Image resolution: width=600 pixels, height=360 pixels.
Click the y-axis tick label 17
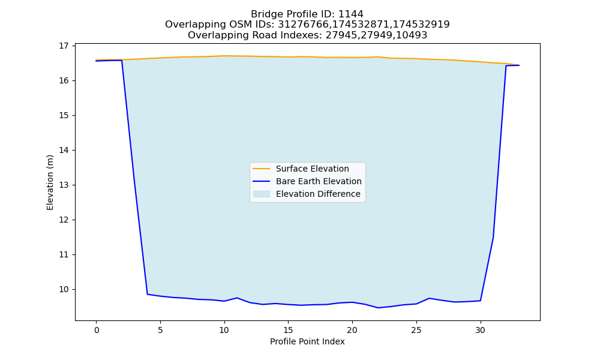click(x=64, y=46)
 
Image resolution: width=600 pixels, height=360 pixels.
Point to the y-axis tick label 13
click(x=64, y=185)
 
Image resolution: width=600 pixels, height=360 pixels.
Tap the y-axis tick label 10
click(x=64, y=290)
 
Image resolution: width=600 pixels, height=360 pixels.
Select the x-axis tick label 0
click(x=97, y=330)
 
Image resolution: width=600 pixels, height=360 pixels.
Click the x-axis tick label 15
click(x=288, y=330)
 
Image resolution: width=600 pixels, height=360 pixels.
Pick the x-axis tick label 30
click(x=480, y=330)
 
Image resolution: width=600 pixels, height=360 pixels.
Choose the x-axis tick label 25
click(x=416, y=330)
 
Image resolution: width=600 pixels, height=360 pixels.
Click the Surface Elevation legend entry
click(x=312, y=169)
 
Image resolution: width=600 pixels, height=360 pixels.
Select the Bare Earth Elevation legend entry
click(x=319, y=181)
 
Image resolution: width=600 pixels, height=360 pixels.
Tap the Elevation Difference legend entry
click(x=318, y=194)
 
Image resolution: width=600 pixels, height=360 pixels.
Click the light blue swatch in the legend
click(x=262, y=194)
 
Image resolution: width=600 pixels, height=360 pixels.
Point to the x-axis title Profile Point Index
click(x=307, y=341)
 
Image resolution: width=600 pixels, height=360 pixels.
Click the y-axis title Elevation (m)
click(x=50, y=182)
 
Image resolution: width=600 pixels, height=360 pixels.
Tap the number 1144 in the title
click(x=351, y=14)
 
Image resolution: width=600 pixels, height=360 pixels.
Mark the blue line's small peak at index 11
click(x=237, y=298)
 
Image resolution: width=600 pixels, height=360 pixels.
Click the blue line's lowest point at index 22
click(x=378, y=308)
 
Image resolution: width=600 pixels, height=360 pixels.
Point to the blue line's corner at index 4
click(x=148, y=294)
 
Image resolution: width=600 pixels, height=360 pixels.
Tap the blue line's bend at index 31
click(x=493, y=238)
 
